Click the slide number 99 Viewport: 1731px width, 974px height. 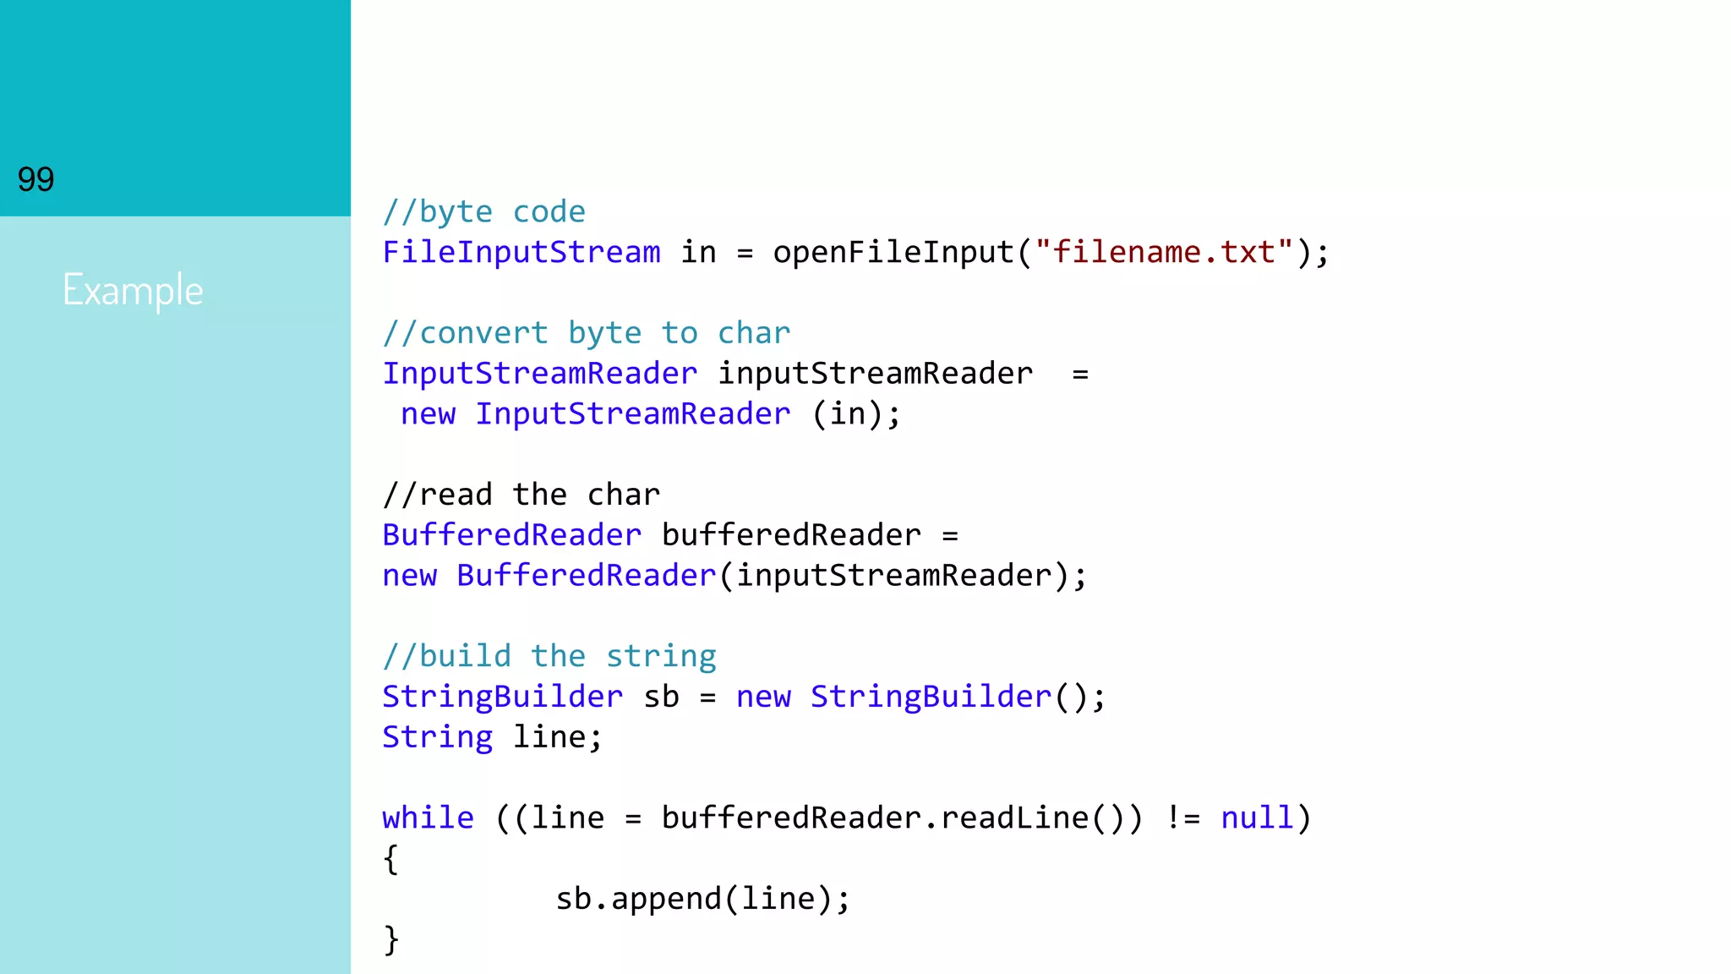point(35,179)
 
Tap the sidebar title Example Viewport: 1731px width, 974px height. point(133,290)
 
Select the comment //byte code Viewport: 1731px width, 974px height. point(483,211)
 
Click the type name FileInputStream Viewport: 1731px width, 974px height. point(521,252)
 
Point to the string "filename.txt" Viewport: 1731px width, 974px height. point(1163,252)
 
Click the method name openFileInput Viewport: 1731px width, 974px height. point(893,252)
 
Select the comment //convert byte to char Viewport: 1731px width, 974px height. point(586,333)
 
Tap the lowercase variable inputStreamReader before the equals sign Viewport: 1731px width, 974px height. point(875,374)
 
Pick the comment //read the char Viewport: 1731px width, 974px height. point(521,495)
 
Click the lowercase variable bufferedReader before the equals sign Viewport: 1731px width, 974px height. point(791,535)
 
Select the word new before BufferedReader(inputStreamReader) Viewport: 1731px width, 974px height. point(409,576)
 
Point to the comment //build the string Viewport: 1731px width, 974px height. point(549,656)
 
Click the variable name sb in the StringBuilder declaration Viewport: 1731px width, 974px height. point(661,697)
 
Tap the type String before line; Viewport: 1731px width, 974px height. point(437,737)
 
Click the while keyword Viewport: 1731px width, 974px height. point(428,818)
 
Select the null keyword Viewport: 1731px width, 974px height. point(1257,818)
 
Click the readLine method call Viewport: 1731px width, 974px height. point(1014,818)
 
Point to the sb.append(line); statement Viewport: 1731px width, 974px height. point(702,899)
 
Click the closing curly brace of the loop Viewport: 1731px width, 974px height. point(390,939)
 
